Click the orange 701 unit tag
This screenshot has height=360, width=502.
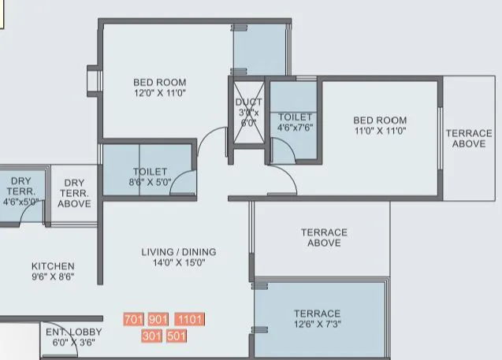(133, 320)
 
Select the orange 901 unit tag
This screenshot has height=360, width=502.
(158, 320)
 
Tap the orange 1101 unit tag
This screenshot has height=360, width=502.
(189, 320)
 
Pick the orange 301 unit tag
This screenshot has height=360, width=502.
(152, 336)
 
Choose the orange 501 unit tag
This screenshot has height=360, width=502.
(177, 336)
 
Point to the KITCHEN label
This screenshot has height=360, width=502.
(53, 266)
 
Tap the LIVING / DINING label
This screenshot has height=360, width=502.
(179, 252)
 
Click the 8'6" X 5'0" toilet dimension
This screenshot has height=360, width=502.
(150, 181)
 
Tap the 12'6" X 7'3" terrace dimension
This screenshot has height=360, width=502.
(317, 324)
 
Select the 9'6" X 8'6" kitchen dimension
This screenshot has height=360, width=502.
(53, 277)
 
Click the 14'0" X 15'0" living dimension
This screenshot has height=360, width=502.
(179, 263)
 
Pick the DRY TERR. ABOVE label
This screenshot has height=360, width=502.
(76, 193)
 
